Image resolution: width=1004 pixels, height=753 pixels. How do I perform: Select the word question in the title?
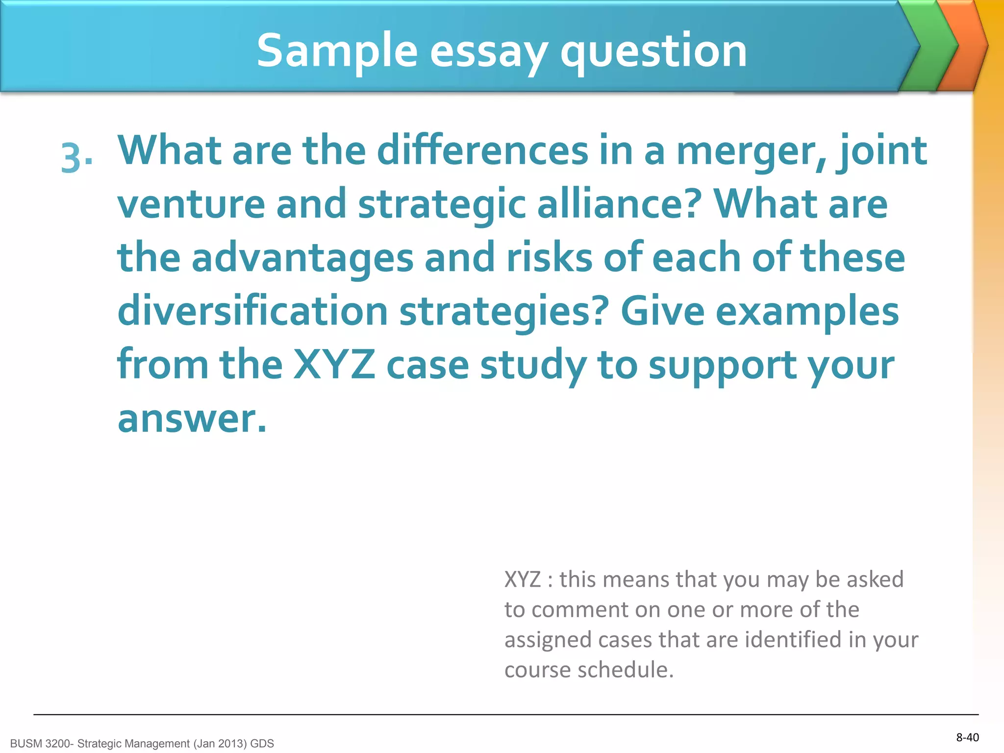point(653,51)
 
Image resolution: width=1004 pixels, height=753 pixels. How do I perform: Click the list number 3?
point(76,158)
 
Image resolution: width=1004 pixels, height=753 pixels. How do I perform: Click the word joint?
point(882,152)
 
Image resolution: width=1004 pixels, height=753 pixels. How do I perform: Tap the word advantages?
point(302,259)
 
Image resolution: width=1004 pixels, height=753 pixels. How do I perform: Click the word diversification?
point(253,312)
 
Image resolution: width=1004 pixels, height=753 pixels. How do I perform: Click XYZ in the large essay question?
point(334,365)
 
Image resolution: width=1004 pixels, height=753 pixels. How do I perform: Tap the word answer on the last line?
point(192,419)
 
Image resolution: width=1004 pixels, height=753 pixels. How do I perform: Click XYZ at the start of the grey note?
point(522,580)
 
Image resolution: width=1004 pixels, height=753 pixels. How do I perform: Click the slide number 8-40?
point(967,737)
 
